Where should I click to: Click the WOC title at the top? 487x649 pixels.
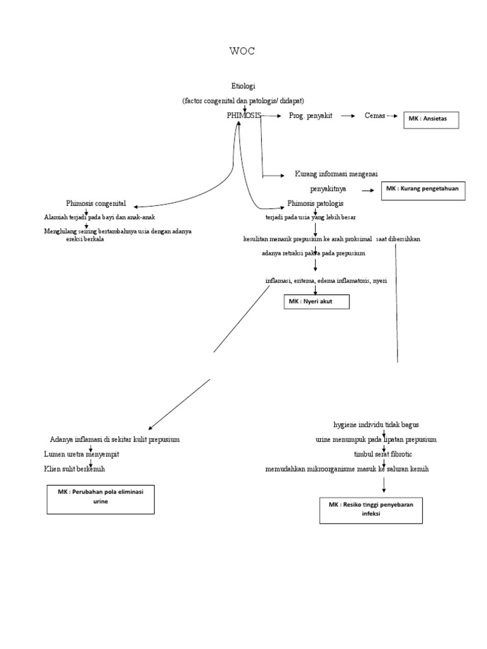[x=242, y=51]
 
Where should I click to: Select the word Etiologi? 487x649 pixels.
[x=243, y=86]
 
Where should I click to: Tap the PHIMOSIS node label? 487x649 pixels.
[x=243, y=116]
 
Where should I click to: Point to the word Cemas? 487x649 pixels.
[x=375, y=116]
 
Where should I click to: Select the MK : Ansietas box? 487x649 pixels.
[x=431, y=119]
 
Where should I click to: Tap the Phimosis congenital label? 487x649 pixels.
[x=96, y=203]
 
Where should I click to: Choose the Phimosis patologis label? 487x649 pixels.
[x=315, y=203]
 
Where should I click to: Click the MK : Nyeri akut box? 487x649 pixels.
[x=316, y=302]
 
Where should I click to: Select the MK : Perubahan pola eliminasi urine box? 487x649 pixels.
[x=101, y=499]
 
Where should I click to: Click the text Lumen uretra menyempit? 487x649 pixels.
[x=81, y=454]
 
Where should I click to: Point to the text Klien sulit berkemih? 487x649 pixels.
[x=75, y=469]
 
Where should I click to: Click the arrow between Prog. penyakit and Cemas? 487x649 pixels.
[x=347, y=116]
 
